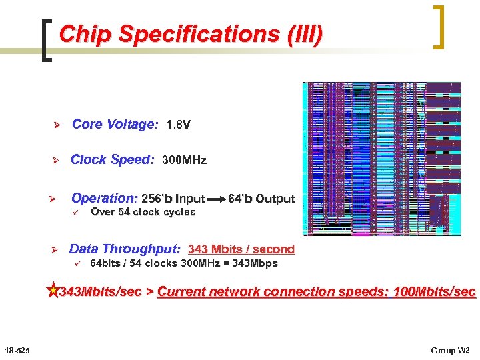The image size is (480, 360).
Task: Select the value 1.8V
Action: tap(178, 125)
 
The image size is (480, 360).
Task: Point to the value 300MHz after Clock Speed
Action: tap(185, 160)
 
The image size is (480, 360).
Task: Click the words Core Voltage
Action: tap(115, 124)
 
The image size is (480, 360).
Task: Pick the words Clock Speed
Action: tap(112, 159)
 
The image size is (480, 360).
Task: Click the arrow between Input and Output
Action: tap(216, 199)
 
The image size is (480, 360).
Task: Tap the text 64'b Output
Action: tap(261, 199)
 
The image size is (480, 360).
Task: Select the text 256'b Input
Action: tap(173, 199)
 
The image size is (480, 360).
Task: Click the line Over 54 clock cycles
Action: tap(143, 212)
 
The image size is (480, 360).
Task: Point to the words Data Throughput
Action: tap(125, 249)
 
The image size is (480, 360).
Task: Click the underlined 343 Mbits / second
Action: tap(241, 249)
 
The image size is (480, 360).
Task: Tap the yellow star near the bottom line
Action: tap(53, 291)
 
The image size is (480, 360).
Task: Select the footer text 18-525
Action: tap(15, 350)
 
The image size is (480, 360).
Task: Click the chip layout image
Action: tap(381, 159)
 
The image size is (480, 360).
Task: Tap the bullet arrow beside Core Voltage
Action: tap(57, 125)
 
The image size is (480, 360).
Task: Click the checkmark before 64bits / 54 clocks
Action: tap(77, 263)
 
